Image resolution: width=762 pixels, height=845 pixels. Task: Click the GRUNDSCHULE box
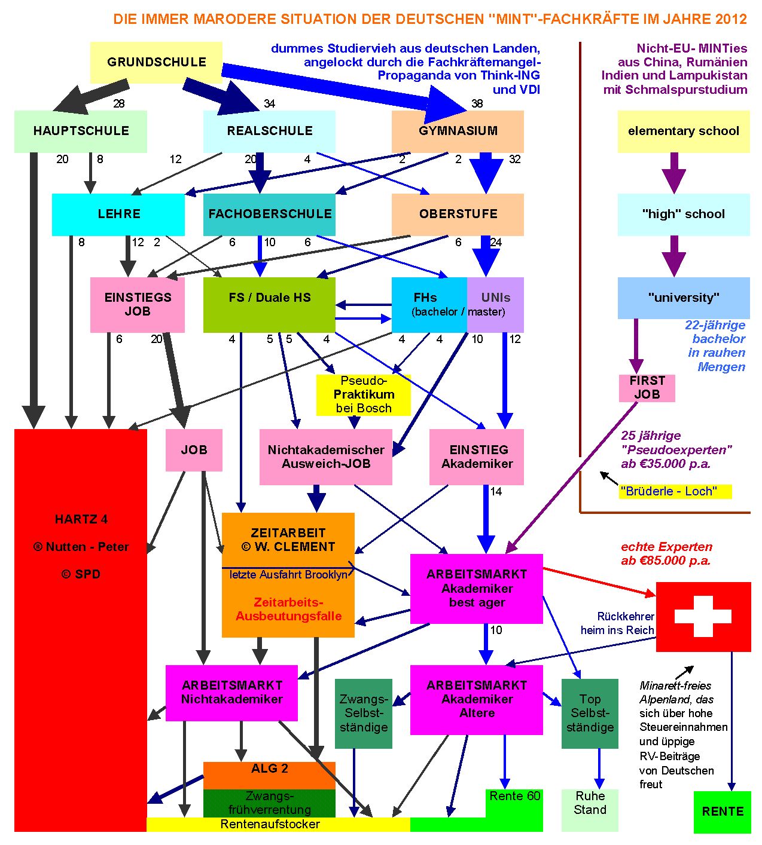pyautogui.click(x=156, y=62)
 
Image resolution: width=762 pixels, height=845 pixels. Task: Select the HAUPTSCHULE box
pyautogui.click(x=81, y=131)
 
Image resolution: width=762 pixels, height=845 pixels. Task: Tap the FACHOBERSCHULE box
pyautogui.click(x=269, y=214)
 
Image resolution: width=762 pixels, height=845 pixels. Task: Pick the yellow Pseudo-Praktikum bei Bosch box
pyautogui.click(x=363, y=394)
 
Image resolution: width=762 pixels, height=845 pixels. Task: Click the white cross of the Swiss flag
pyautogui.click(x=703, y=616)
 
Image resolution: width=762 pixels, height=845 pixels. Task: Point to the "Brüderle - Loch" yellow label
pyautogui.click(x=675, y=491)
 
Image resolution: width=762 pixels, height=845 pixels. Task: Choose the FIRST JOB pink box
pyautogui.click(x=647, y=388)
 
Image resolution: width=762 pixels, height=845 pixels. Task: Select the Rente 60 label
pyautogui.click(x=514, y=797)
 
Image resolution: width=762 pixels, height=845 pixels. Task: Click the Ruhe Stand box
pyautogui.click(x=590, y=810)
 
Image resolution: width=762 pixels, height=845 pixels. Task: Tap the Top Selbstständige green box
pyautogui.click(x=590, y=713)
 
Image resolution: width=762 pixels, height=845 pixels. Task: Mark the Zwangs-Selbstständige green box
pyautogui.click(x=363, y=713)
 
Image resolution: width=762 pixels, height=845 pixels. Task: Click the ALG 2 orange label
pyautogui.click(x=269, y=770)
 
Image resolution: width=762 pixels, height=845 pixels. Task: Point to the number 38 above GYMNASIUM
pyautogui.click(x=477, y=103)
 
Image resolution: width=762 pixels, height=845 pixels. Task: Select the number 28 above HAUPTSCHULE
pyautogui.click(x=119, y=103)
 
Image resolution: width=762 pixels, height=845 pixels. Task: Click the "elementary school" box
pyautogui.click(x=683, y=131)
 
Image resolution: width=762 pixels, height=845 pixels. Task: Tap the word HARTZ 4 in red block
pyautogui.click(x=81, y=519)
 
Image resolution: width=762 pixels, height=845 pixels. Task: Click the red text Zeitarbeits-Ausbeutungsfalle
pyautogui.click(x=288, y=610)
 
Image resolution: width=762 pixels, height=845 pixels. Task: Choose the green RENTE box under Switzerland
pyautogui.click(x=722, y=812)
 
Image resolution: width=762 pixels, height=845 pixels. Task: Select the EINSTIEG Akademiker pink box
pyautogui.click(x=477, y=457)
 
